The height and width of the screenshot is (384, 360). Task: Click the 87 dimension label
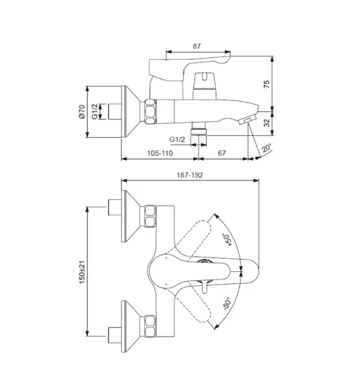[x=196, y=46]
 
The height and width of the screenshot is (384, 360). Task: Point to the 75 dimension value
[x=267, y=84]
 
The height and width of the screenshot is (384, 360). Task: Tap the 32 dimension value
[x=267, y=123]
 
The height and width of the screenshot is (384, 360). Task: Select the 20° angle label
[x=266, y=148]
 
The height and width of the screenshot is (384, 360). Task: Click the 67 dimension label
[x=222, y=153]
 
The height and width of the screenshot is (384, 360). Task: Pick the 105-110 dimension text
[x=160, y=153]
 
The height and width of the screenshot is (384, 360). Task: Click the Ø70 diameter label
[x=82, y=111]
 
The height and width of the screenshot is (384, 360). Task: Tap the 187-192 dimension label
[x=190, y=175]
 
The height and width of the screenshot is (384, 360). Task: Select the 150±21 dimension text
[x=82, y=272]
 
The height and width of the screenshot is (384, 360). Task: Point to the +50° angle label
[x=226, y=240]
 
